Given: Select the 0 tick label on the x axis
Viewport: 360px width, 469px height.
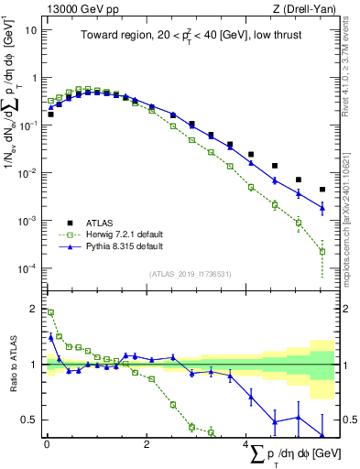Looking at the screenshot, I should [47, 444].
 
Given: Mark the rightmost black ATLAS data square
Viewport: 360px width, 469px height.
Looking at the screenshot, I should [322, 190].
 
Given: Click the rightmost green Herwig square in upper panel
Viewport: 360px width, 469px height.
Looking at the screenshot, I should [322, 251].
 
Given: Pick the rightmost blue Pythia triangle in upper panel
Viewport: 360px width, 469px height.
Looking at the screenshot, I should [322, 207].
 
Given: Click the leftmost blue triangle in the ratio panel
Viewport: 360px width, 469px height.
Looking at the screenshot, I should [51, 336].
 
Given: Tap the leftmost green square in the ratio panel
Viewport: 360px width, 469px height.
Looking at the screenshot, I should [51, 312].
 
